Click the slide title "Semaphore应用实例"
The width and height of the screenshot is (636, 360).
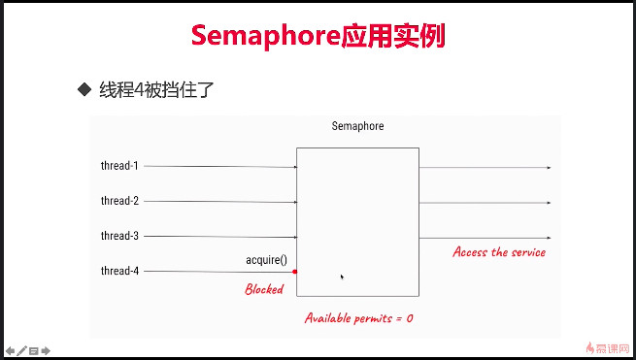318,36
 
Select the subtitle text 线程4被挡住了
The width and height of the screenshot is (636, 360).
155,90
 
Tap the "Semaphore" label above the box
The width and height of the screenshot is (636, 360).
357,126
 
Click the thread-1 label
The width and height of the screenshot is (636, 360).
119,166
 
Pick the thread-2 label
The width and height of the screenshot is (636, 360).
119,201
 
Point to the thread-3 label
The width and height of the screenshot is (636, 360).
119,236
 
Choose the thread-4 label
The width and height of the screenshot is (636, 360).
119,271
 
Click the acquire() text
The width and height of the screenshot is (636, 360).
267,261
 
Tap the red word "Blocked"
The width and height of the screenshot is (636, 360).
263,289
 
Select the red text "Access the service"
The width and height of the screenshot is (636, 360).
499,252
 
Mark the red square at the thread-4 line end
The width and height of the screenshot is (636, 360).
294,272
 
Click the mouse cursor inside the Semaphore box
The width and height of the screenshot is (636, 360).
342,277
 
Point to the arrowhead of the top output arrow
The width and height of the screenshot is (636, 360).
549,168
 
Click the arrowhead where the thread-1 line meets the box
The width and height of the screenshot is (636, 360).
294,167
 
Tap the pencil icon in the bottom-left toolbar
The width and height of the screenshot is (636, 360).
21,349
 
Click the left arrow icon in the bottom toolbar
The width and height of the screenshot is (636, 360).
10,349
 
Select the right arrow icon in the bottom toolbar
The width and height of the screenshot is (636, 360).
45,349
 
